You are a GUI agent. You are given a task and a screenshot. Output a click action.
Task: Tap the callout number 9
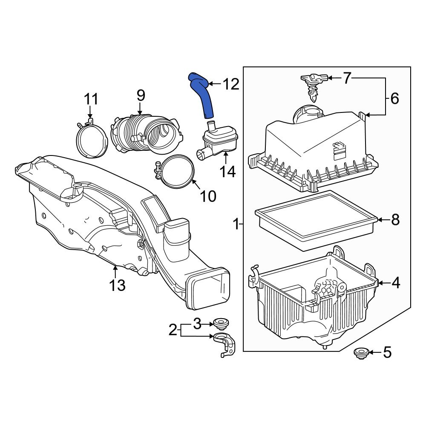[x=141, y=96]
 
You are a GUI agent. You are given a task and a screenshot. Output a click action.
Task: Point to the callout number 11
[x=91, y=100]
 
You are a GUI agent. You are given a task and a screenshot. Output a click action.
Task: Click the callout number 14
[x=227, y=172]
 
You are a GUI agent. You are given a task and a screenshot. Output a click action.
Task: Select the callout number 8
[x=395, y=220]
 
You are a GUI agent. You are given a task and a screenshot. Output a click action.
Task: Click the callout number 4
[x=396, y=283]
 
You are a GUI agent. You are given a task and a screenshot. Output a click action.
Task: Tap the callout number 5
[x=387, y=352]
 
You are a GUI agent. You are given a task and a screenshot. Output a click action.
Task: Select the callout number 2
[x=172, y=330]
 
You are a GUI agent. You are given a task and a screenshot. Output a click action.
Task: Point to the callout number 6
[x=394, y=99]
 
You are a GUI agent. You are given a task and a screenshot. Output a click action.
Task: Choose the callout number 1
[x=236, y=224]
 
